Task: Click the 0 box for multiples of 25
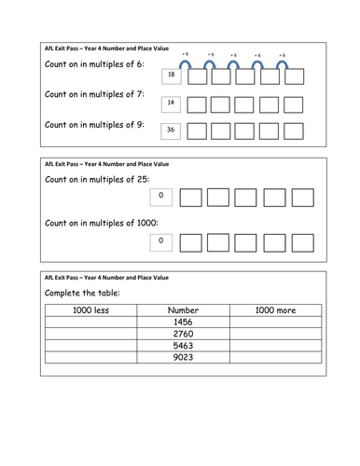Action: tap(160, 196)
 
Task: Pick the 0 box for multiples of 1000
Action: tap(160, 241)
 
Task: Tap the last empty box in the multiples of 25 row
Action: tap(301, 198)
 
